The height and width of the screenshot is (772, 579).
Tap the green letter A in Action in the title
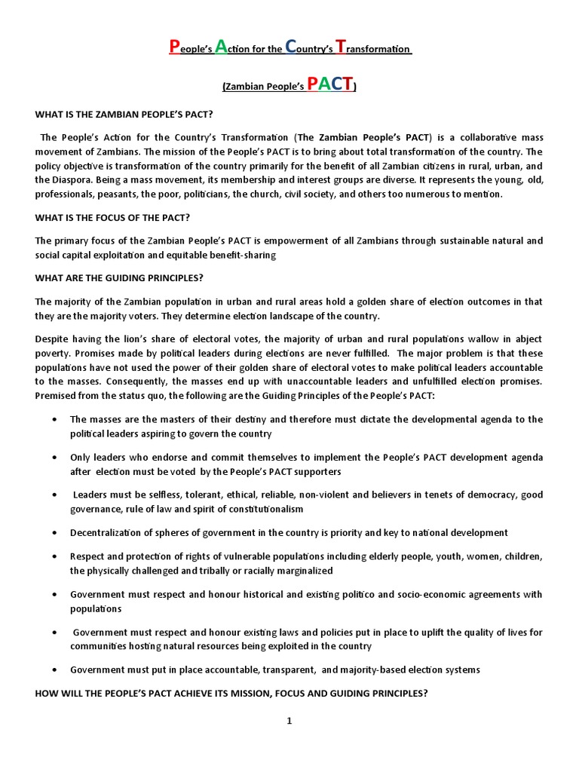coord(222,47)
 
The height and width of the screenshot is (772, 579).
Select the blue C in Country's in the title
coord(293,47)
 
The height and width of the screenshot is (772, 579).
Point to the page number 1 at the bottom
coord(289,721)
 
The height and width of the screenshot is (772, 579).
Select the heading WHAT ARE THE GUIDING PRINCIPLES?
coord(119,278)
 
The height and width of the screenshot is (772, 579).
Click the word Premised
coord(57,396)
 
